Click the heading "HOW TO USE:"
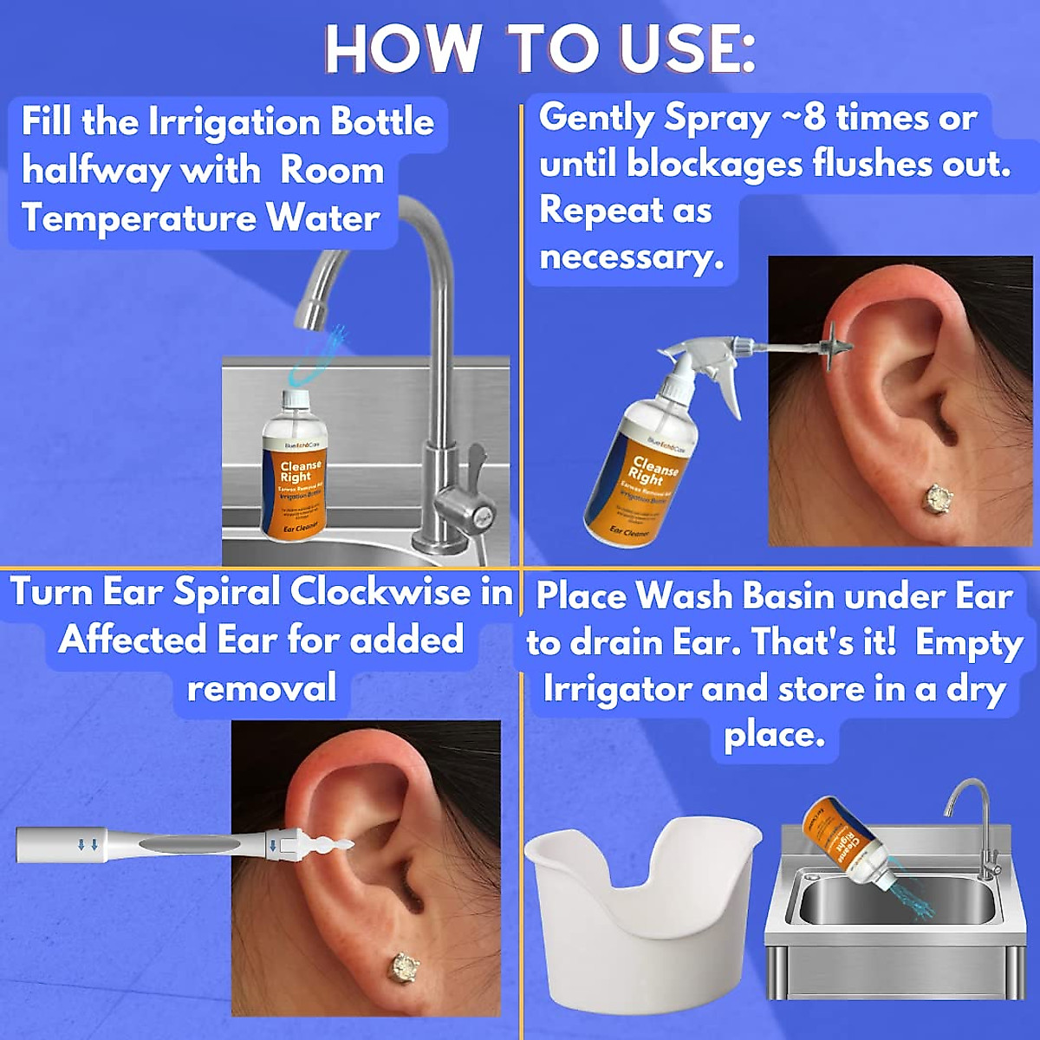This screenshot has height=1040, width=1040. [539, 49]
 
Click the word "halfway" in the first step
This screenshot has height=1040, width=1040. [95, 171]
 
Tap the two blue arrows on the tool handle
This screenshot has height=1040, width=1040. [88, 844]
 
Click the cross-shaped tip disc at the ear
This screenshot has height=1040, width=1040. [835, 346]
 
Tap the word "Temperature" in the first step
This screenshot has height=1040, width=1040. [139, 218]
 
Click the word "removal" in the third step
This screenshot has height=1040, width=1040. [262, 689]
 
